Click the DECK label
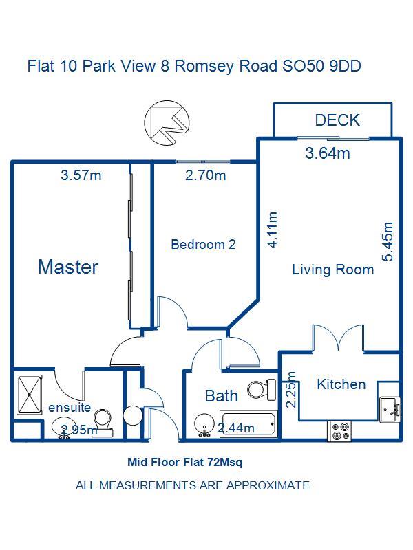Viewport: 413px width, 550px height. point(337,120)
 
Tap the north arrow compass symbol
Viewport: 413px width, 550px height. point(167,122)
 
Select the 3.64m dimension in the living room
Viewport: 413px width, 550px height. point(328,153)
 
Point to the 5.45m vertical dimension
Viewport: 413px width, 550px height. point(388,242)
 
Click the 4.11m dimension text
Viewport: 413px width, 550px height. point(273,230)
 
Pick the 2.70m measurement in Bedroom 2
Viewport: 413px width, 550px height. point(206,175)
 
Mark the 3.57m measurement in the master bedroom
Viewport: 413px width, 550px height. point(81,175)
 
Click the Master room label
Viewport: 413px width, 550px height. point(67,267)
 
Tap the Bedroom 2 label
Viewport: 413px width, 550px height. point(203,244)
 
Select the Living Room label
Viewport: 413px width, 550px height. point(333,269)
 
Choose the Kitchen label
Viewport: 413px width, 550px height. point(341,384)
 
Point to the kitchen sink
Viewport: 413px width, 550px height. point(390,410)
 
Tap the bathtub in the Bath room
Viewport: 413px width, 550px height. point(248,423)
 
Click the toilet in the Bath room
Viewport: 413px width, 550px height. point(262,389)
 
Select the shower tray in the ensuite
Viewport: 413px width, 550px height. point(30,395)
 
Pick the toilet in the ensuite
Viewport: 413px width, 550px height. point(104,423)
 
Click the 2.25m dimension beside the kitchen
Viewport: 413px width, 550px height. point(290,389)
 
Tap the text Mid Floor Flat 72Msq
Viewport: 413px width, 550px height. point(184,462)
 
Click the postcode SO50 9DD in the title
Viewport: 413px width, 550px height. point(321,66)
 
